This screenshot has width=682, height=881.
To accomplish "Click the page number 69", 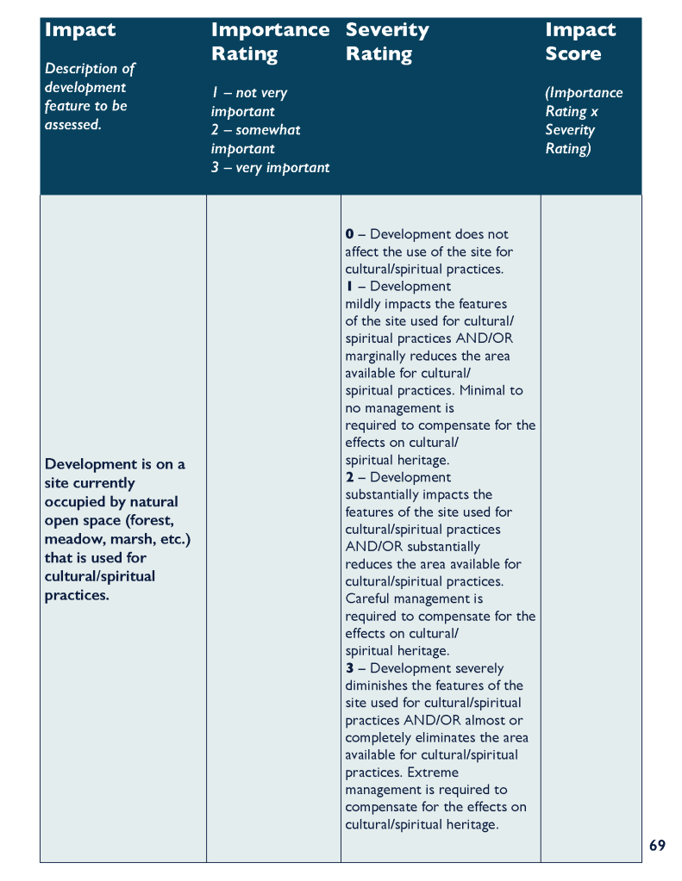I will point(657,846).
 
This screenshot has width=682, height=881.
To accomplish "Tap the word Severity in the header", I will point(387,30).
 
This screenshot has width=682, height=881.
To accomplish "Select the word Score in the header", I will point(573,53).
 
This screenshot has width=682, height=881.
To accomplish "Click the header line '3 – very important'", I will point(270,168).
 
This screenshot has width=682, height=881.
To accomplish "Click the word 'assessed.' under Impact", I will point(73,125).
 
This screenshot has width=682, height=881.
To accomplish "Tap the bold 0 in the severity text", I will point(349,234).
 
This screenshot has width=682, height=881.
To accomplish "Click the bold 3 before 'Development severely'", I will point(349,668).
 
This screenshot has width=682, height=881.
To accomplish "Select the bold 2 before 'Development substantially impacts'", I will point(349,477).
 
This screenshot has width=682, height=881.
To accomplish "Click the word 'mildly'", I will point(364,304).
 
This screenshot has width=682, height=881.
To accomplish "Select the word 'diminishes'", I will point(379,686).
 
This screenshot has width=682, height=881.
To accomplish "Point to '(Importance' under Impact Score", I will point(584,93).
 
